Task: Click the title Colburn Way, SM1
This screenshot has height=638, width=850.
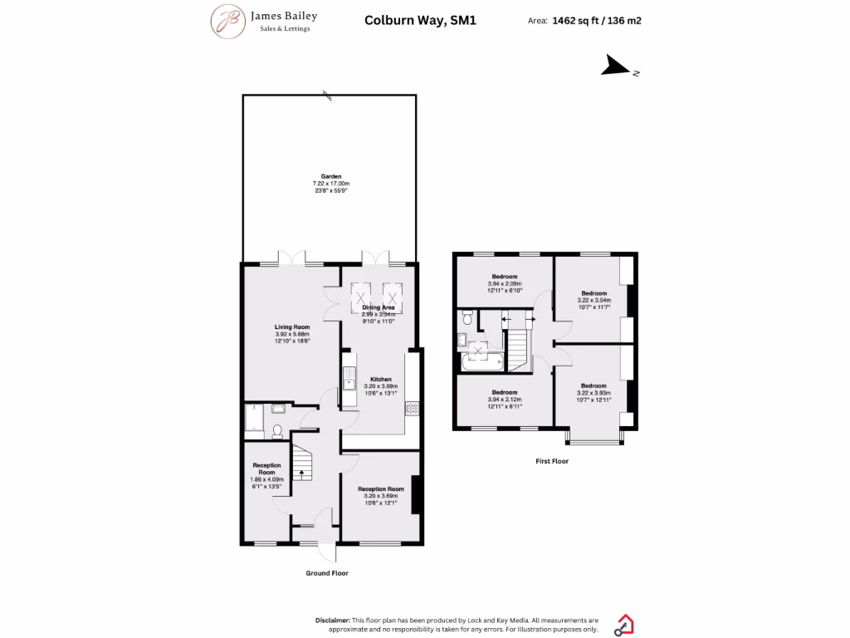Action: [x=421, y=21]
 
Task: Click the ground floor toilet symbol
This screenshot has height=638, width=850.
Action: [x=277, y=430]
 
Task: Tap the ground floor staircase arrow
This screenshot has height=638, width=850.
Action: [x=301, y=474]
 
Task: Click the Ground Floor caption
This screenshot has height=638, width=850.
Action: [x=327, y=573]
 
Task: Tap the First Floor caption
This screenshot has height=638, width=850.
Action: [x=552, y=460]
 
